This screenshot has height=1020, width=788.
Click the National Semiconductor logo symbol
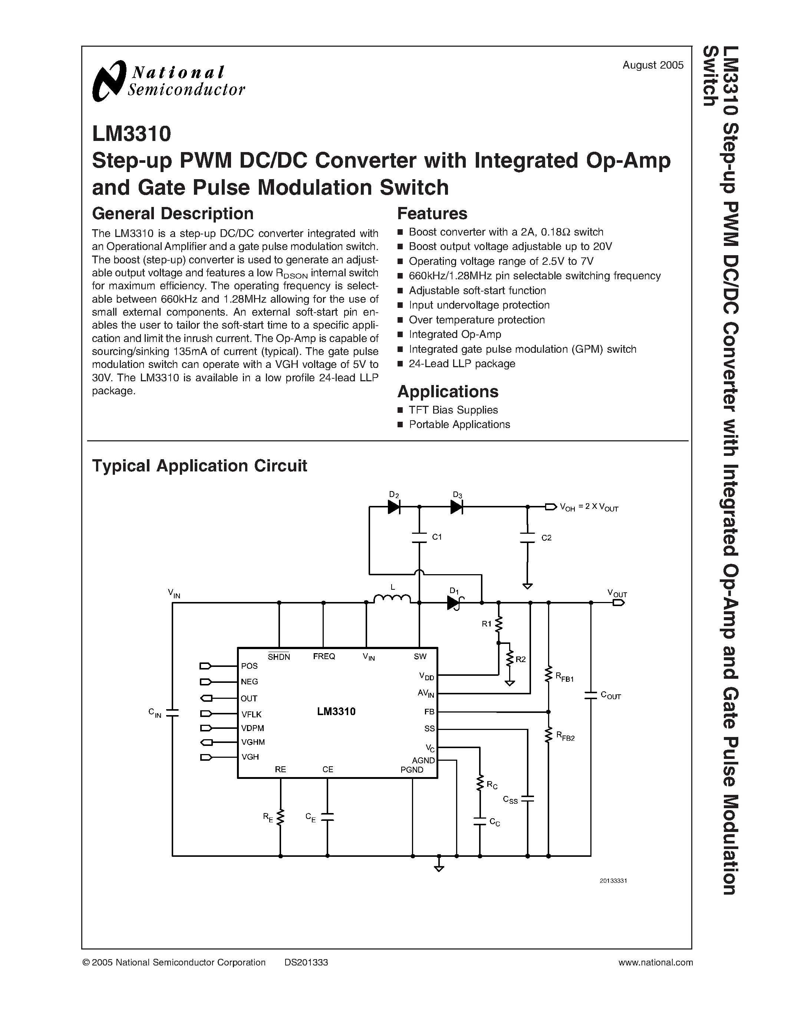[109, 81]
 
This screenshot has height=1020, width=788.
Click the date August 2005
[653, 65]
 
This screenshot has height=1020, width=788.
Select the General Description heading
[173, 213]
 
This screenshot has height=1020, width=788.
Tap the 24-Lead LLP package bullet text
[462, 364]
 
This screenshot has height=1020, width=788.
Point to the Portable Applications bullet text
[459, 425]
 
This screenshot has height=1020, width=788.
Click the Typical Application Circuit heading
[200, 465]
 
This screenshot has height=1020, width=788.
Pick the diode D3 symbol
[456, 507]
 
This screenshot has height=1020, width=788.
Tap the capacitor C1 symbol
[420, 537]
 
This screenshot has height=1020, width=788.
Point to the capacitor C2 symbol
[528, 537]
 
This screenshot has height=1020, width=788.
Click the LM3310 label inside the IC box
[336, 711]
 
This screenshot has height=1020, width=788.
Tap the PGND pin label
[412, 770]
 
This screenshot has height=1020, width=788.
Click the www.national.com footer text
[655, 963]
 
